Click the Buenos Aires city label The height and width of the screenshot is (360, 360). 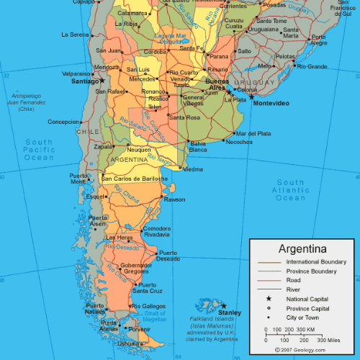(x=217, y=85)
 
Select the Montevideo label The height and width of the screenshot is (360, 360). (x=271, y=104)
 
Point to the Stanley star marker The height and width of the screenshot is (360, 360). (x=223, y=306)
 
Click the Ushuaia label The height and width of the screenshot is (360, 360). (x=130, y=344)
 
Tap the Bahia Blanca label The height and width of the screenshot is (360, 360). (x=198, y=146)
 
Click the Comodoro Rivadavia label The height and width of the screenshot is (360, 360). (x=157, y=231)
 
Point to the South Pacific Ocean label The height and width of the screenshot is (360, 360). (x=39, y=150)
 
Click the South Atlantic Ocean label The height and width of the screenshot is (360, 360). (x=291, y=190)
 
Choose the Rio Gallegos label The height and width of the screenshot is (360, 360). (x=150, y=306)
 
